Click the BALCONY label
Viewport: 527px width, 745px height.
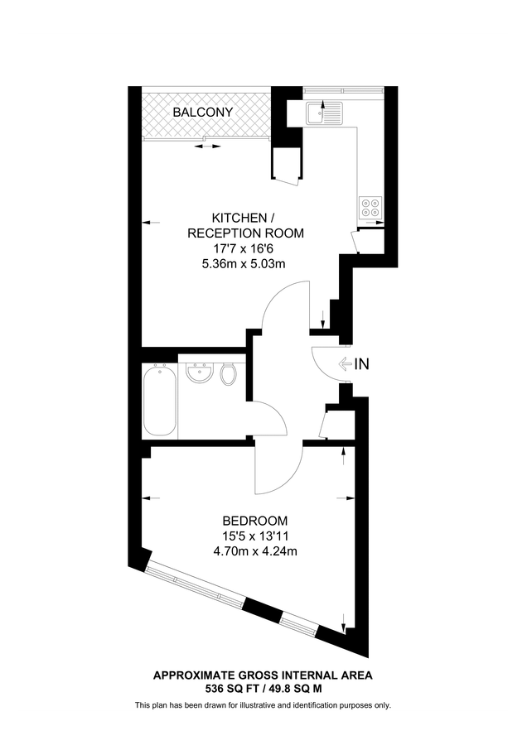pyautogui.click(x=202, y=112)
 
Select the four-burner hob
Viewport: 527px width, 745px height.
pyautogui.click(x=370, y=206)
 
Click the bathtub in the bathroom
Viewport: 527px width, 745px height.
pyautogui.click(x=159, y=401)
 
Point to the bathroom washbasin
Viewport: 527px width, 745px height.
pyautogui.click(x=198, y=376)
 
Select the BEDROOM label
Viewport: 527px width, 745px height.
pyautogui.click(x=255, y=521)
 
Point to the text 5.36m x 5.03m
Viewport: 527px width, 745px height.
pyautogui.click(x=244, y=264)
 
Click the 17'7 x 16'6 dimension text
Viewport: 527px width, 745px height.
pyautogui.click(x=244, y=248)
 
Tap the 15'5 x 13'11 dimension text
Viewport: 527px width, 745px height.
pyautogui.click(x=255, y=536)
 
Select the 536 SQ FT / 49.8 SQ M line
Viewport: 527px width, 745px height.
pyautogui.click(x=263, y=688)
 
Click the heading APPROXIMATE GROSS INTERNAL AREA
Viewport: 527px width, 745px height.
pyautogui.click(x=263, y=675)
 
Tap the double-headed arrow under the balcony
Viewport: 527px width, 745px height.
pyautogui.click(x=208, y=147)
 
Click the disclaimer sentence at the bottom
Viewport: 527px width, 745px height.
pyautogui.click(x=263, y=705)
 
